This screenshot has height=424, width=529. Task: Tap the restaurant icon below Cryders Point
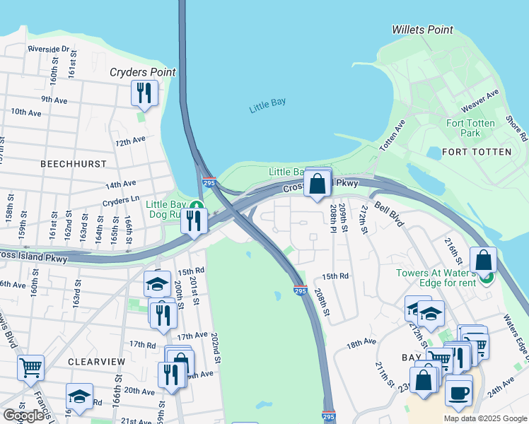pyautogui.click(x=144, y=93)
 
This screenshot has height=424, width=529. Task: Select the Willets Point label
pyautogui.click(x=422, y=30)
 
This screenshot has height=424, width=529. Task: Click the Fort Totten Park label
pyautogui.click(x=471, y=128)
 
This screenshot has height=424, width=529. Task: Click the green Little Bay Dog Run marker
pyautogui.click(x=199, y=207)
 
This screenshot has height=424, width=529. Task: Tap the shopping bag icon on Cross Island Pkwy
pyautogui.click(x=318, y=183)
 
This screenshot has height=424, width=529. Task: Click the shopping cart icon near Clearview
pyautogui.click(x=30, y=367)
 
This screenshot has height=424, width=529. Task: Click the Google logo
pyautogui.click(x=24, y=416)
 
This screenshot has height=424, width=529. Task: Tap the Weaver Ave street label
pyautogui.click(x=479, y=100)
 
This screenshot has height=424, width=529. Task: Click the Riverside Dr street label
pyautogui.click(x=48, y=49)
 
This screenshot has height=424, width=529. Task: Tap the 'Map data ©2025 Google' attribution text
pyautogui.click(x=484, y=418)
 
